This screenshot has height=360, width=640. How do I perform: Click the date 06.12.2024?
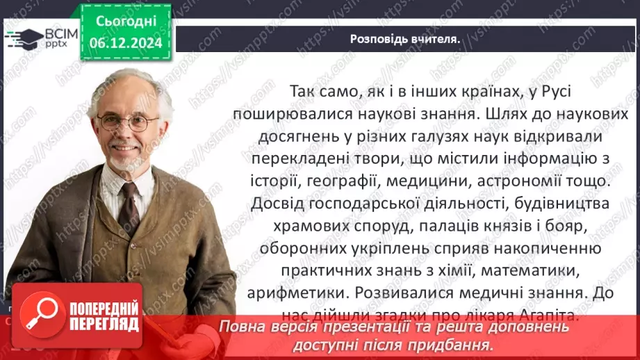coord(126,42)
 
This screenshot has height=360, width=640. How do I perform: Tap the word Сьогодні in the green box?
coord(126,21)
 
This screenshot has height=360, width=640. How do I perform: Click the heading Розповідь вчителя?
coord(404,39)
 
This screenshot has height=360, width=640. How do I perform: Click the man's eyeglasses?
coord(129,123)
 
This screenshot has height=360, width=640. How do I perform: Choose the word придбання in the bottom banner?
coord(461,343)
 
